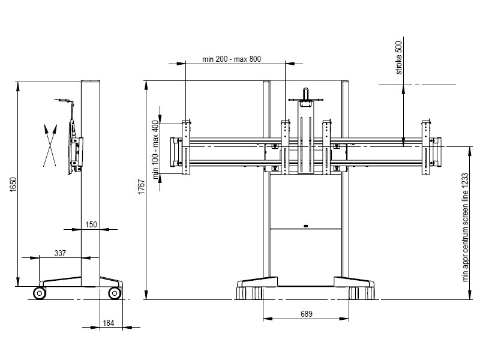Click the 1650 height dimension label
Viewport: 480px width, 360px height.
(x=13, y=184)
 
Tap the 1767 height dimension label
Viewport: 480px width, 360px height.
(x=142, y=187)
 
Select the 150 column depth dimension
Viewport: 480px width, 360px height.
(x=91, y=224)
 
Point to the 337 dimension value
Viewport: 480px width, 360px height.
(x=60, y=253)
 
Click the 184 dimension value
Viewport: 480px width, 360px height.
(x=109, y=323)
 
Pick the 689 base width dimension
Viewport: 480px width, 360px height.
(x=307, y=314)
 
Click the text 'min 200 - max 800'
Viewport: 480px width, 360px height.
(x=232, y=59)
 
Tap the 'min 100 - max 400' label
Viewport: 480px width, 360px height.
(x=156, y=149)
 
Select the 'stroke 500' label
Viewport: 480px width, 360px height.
(x=398, y=58)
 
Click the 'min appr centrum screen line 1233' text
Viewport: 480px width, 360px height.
(x=466, y=227)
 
